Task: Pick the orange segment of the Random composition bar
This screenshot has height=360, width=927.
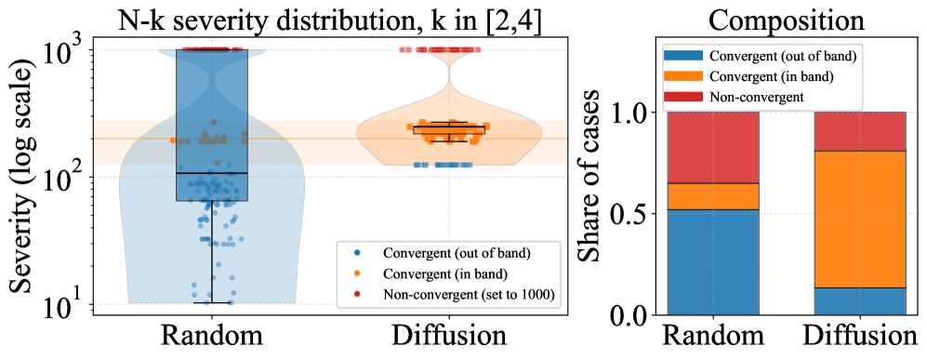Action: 713,196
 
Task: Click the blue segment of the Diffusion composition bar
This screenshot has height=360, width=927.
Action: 859,301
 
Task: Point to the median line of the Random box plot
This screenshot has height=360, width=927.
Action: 211,173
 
